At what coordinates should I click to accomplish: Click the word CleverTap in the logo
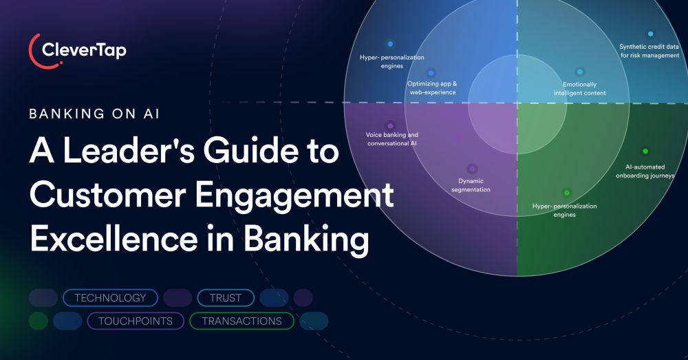pyautogui.click(x=84, y=50)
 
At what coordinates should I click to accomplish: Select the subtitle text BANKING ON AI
pyautogui.click(x=94, y=114)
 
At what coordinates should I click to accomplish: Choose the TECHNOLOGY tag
pyautogui.click(x=110, y=298)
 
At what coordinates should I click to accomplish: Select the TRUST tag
pyautogui.click(x=226, y=298)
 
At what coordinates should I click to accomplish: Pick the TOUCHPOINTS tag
pyautogui.click(x=135, y=321)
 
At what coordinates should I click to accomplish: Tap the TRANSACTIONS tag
pyautogui.click(x=241, y=321)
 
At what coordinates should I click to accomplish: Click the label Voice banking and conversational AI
pyautogui.click(x=391, y=139)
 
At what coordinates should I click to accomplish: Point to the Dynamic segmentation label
pyautogui.click(x=471, y=185)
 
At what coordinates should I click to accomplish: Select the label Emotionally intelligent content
pyautogui.click(x=579, y=88)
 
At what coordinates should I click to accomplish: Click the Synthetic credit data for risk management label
pyautogui.click(x=649, y=51)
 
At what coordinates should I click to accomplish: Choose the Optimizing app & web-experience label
pyautogui.click(x=431, y=87)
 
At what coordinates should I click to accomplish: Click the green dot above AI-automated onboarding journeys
pyautogui.click(x=645, y=151)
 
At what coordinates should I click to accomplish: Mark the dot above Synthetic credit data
pyautogui.click(x=650, y=33)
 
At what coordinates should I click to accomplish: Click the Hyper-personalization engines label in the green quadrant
pyautogui.click(x=565, y=210)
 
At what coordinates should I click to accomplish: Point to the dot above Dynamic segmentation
pyautogui.click(x=472, y=168)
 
